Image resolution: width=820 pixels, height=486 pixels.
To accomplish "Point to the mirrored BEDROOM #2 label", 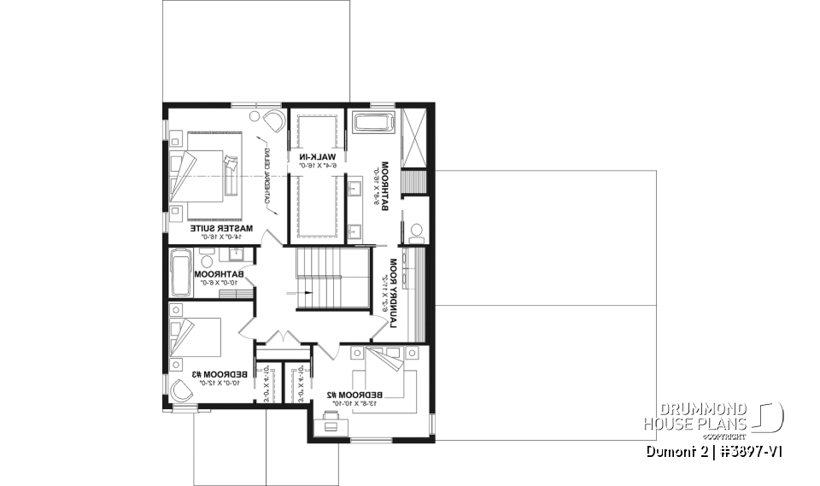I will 354,395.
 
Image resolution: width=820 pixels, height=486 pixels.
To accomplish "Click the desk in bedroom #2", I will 331,420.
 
